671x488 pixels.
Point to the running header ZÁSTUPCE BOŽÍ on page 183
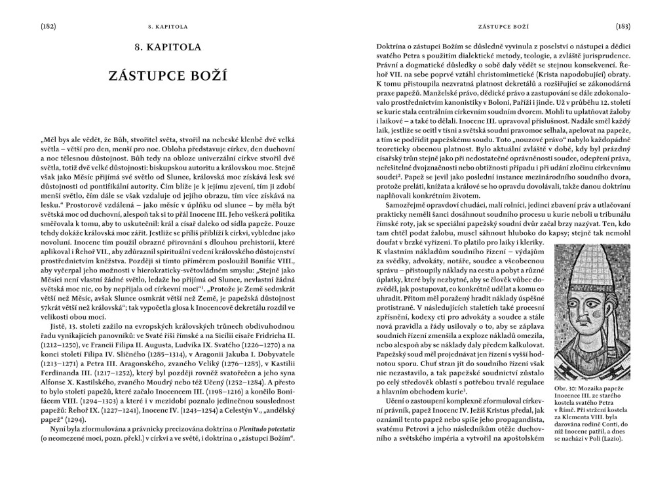(x=503, y=28)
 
